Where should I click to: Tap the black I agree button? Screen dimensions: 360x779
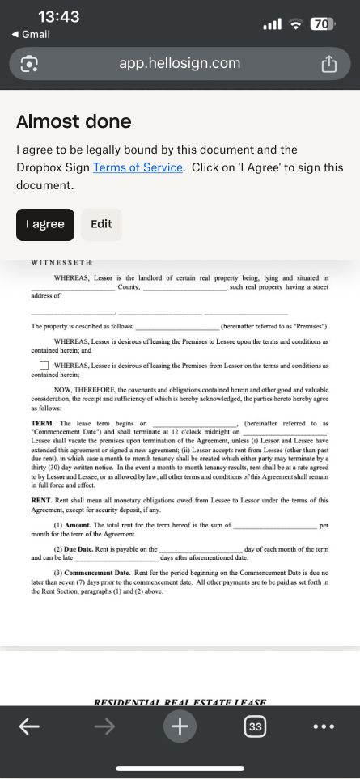coord(45,224)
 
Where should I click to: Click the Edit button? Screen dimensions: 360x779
coord(101,224)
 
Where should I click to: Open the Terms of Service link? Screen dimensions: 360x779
coord(138,167)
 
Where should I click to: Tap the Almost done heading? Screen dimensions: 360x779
coord(74,121)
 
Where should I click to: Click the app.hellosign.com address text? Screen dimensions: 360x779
coord(180,63)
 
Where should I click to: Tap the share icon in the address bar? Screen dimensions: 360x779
coord(328,64)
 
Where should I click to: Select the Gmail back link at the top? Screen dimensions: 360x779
coord(32,34)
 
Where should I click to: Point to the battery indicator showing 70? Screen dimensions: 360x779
coord(322,24)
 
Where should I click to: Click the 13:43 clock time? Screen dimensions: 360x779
coord(59,17)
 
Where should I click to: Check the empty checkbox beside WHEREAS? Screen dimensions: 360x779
coord(44,366)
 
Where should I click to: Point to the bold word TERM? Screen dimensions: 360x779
coord(43,423)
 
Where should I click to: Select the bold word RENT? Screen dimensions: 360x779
coord(42,501)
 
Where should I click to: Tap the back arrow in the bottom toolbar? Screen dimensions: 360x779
coord(29,726)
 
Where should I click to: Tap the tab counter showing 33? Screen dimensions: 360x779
coord(255,726)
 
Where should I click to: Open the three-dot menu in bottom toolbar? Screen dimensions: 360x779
coord(323,726)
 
